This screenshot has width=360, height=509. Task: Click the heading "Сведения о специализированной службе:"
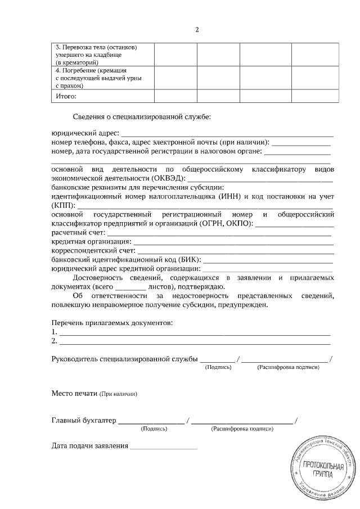click(x=142, y=117)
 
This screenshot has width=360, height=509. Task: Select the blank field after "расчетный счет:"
click(x=219, y=232)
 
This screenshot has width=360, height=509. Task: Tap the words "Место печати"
click(x=74, y=393)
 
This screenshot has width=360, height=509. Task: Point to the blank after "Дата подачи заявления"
click(x=163, y=448)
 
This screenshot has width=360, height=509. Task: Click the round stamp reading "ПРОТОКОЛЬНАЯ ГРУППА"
click(x=322, y=467)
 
